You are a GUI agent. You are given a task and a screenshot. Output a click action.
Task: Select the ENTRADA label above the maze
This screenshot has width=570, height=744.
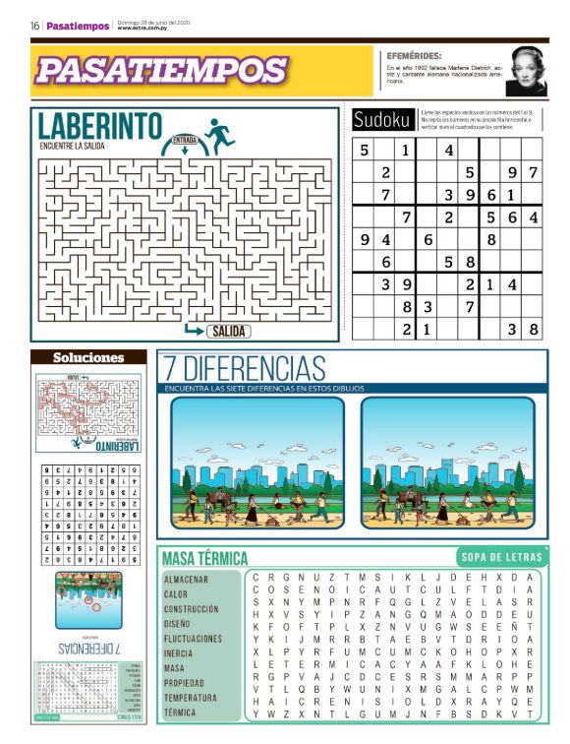tap(184, 140)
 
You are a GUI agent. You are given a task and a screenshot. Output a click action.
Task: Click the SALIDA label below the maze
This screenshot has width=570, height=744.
tap(228, 332)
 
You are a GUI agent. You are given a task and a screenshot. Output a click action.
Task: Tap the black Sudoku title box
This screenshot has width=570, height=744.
tap(382, 120)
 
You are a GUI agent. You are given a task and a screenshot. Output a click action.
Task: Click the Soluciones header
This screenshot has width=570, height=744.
tap(88, 357)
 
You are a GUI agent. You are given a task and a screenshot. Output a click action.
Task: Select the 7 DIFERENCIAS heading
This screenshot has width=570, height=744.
tap(245, 369)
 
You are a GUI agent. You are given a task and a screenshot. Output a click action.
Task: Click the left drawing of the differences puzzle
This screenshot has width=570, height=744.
tap(257, 463)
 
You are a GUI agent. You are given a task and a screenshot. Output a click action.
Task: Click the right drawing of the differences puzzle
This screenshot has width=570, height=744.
tap(447, 463)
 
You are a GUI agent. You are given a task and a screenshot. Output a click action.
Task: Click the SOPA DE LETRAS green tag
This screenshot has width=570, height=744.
tap(499, 557)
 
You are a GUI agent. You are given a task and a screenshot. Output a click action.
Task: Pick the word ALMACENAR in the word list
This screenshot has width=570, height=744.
tap(187, 580)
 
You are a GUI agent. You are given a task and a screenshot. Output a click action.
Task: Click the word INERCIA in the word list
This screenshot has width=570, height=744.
tap(180, 653)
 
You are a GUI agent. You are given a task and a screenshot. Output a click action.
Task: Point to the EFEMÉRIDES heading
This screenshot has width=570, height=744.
tap(414, 56)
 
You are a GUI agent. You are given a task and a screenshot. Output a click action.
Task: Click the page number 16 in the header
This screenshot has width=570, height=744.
tap(34, 26)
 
